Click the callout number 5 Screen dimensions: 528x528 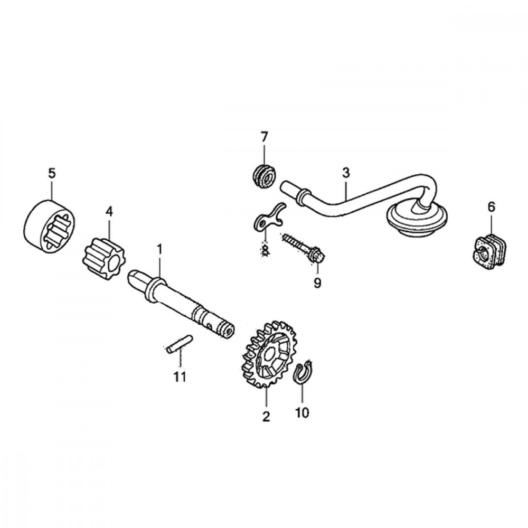[51, 173]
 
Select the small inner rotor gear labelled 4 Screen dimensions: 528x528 [100, 259]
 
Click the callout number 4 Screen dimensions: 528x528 [109, 211]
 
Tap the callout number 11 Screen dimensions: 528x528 [180, 376]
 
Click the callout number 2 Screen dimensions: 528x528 [266, 416]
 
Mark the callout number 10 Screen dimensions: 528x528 [301, 412]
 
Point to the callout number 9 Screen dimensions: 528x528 [317, 284]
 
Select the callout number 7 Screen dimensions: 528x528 [264, 137]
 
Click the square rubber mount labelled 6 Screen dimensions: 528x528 [489, 251]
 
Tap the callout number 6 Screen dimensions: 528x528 [492, 207]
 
